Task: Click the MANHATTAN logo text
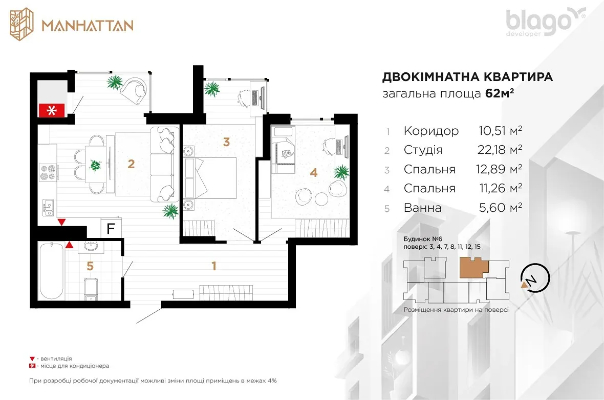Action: pyautogui.click(x=88, y=26)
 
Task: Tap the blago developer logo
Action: pyautogui.click(x=546, y=22)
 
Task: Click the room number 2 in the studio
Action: pyautogui.click(x=132, y=164)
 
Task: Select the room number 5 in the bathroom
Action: pyautogui.click(x=90, y=266)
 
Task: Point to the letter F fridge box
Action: pyautogui.click(x=111, y=229)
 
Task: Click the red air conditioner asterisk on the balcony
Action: pyautogui.click(x=51, y=110)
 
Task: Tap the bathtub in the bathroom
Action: pyautogui.click(x=52, y=271)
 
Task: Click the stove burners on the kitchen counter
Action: pyautogui.click(x=48, y=172)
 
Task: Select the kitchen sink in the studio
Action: pyautogui.click(x=48, y=208)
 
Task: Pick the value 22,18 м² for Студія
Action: pyautogui.click(x=500, y=149)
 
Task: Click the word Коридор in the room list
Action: pyautogui.click(x=431, y=131)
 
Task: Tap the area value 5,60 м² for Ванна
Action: pyautogui.click(x=501, y=207)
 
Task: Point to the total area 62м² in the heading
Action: pyautogui.click(x=500, y=94)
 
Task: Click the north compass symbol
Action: pyautogui.click(x=535, y=277)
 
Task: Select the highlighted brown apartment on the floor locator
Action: pyautogui.click(x=473, y=268)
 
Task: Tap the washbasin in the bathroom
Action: pyautogui.click(x=91, y=247)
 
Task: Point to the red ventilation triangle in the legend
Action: pyautogui.click(x=32, y=359)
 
